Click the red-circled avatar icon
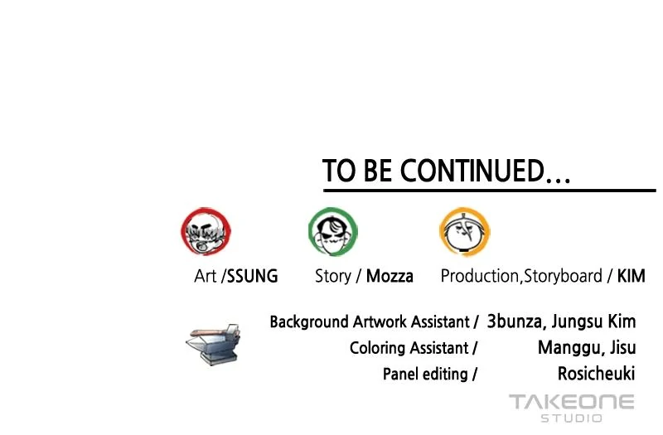tap(206, 231)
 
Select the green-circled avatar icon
tap(333, 231)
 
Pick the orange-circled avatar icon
tap(464, 232)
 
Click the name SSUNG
tap(253, 276)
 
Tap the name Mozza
tap(390, 276)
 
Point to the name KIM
tap(632, 276)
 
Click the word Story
tap(333, 277)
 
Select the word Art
tap(205, 276)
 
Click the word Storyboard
tap(564, 277)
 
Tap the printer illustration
tap(214, 344)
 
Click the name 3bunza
tap(515, 321)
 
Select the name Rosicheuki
tap(596, 374)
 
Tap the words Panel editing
tap(425, 375)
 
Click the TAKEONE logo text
tap(572, 402)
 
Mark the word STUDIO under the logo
tap(572, 418)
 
